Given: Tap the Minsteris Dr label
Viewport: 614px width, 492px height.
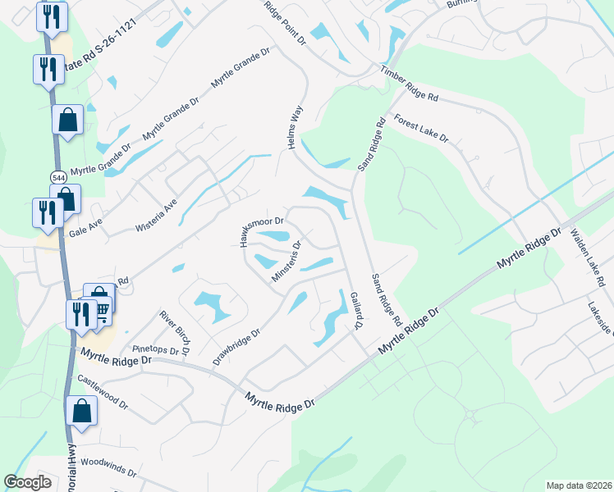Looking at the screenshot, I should (287, 258).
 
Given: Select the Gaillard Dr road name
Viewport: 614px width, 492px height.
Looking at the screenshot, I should (355, 311).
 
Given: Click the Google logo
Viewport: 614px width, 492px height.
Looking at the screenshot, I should (28, 482).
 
